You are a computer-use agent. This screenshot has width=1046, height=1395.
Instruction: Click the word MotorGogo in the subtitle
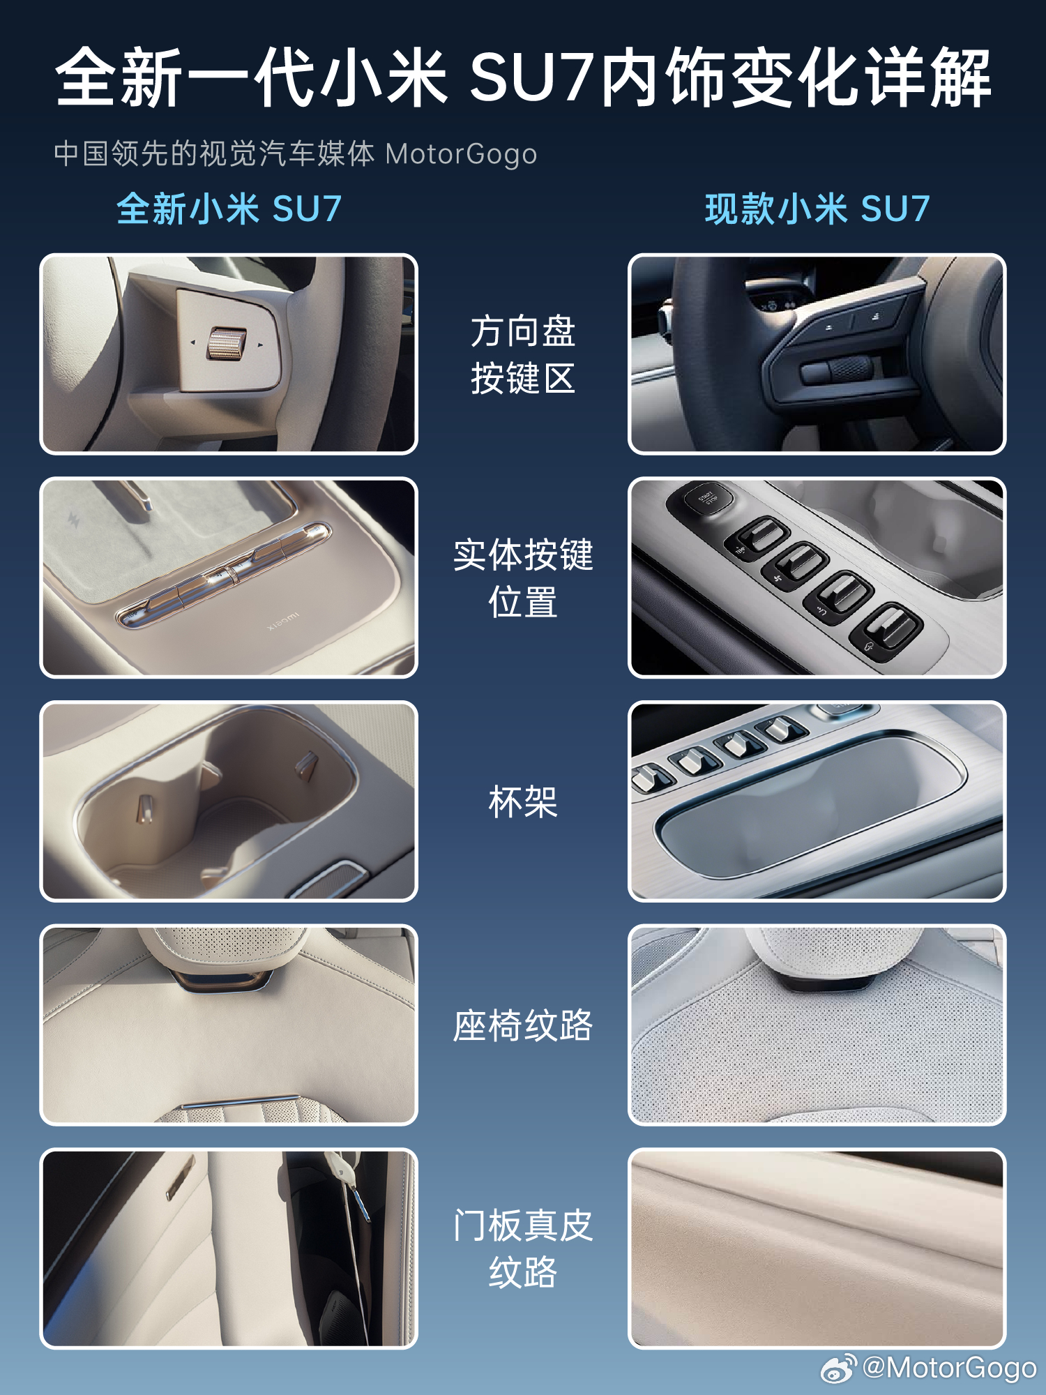click(461, 154)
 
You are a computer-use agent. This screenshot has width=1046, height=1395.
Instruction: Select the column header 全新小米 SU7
click(229, 209)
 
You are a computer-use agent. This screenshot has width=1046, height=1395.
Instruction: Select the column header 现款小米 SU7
click(817, 209)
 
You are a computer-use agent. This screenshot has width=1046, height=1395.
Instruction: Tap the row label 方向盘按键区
click(523, 354)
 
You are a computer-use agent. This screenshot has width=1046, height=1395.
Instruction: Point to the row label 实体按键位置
click(523, 578)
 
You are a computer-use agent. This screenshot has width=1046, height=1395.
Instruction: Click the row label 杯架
click(523, 801)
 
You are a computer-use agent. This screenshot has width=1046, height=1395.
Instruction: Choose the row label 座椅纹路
click(523, 1025)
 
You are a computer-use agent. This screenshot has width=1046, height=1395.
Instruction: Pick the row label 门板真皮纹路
click(523, 1249)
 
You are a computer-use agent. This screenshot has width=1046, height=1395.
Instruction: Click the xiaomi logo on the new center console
click(283, 621)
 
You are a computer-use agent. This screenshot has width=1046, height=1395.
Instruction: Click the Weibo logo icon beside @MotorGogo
click(839, 1368)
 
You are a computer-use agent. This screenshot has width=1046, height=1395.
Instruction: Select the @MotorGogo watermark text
click(949, 1368)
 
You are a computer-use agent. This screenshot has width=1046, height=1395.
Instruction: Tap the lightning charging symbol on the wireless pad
click(73, 519)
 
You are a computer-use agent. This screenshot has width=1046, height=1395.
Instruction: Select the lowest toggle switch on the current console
click(886, 631)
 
